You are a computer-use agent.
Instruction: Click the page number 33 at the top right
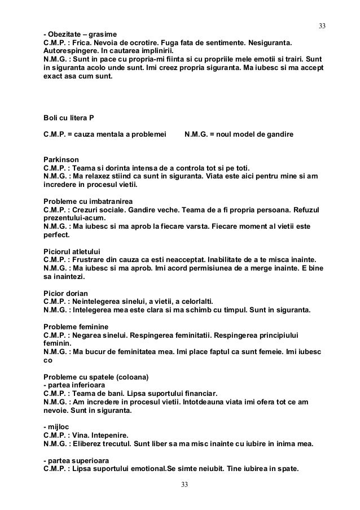coord(323,27)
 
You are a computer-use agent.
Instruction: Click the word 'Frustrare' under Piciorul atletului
coord(90,259)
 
